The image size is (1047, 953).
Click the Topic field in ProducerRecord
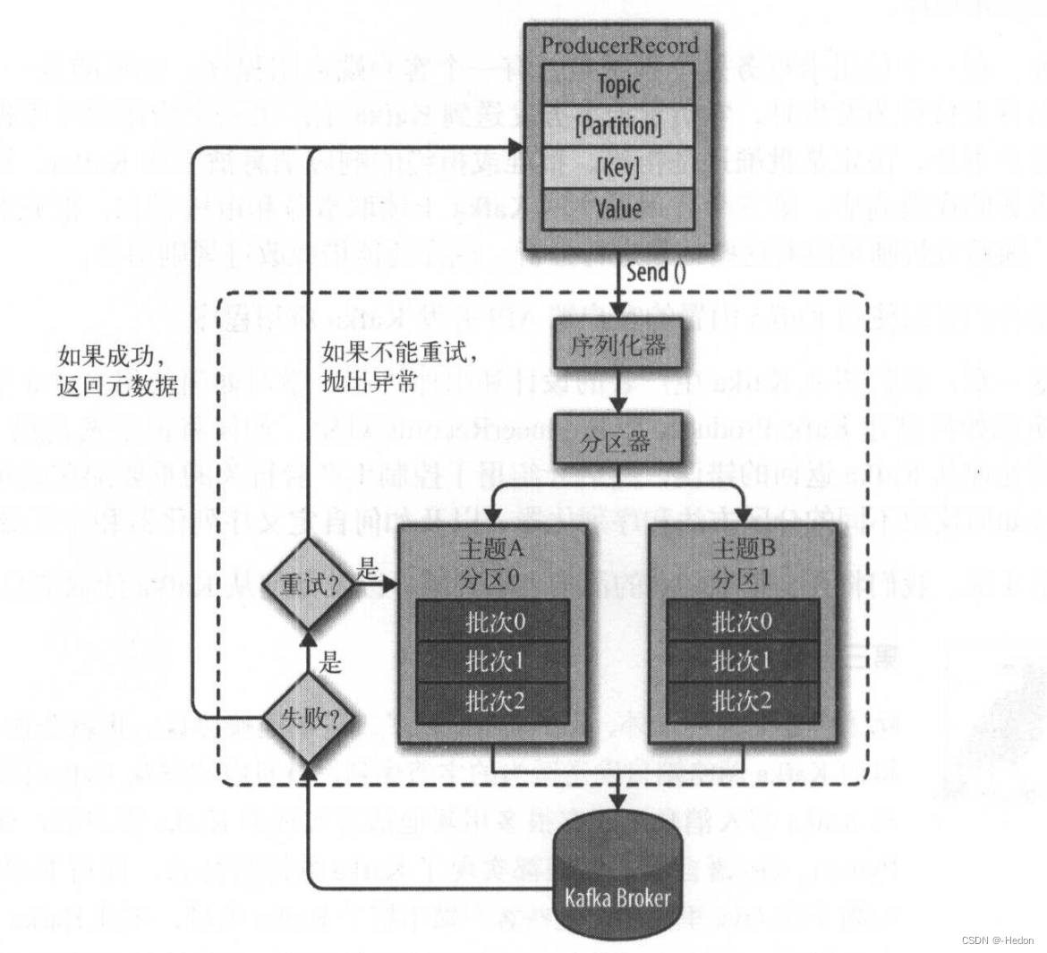618,84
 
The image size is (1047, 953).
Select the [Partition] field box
618,125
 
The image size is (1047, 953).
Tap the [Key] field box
618,166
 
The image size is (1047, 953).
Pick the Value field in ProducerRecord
618,208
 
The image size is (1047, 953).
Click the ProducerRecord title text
619,45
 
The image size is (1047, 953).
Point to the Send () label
656,271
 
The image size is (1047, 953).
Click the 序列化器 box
617,346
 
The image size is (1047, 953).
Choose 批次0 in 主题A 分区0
494,621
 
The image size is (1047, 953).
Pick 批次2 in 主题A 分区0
494,702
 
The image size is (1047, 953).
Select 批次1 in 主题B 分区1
742,661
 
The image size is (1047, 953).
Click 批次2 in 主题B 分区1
742,702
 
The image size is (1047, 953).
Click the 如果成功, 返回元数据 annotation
117,371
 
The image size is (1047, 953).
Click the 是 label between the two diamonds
331,663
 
